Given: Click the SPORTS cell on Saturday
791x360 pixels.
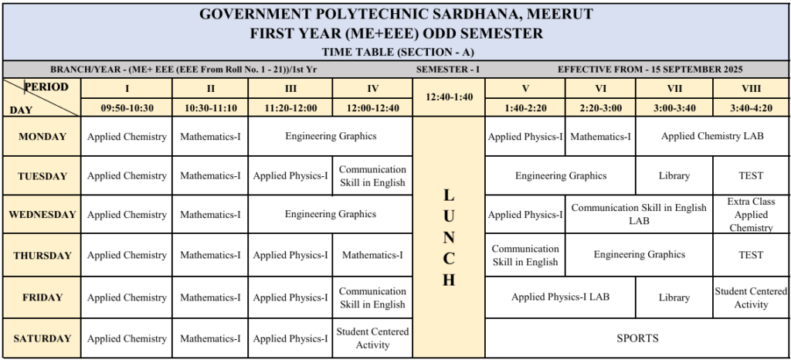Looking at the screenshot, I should [637, 338].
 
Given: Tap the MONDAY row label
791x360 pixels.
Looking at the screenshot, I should [42, 137].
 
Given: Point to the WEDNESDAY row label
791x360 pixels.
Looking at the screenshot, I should [42, 215].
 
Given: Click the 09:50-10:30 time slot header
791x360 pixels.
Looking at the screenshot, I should [127, 108].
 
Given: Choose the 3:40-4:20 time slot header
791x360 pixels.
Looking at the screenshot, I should [751, 108].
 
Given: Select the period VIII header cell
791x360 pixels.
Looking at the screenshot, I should [751, 88].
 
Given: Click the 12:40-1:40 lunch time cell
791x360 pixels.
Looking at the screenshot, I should [448, 97].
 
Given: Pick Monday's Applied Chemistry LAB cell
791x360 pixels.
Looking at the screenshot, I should [712, 137].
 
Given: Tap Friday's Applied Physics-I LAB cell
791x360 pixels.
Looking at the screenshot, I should [560, 297].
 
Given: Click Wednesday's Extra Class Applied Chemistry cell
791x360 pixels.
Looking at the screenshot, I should [751, 215].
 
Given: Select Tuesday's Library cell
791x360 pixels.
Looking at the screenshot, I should [674, 176].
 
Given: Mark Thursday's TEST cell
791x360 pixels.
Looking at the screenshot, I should [751, 255].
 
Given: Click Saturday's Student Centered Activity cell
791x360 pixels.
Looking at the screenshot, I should [372, 338].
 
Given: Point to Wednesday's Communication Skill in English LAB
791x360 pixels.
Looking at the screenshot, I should [639, 215].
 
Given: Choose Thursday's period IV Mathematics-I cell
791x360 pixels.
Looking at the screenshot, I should [372, 255].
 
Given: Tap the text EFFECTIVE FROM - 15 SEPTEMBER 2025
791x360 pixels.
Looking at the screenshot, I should [650, 69].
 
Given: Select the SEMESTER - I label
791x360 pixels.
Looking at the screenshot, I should [448, 69].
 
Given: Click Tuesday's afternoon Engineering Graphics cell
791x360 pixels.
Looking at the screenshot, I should [561, 176].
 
